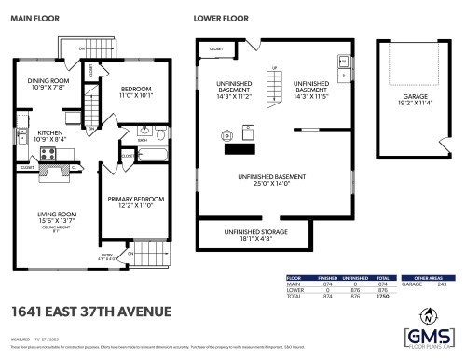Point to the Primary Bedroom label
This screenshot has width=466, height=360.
(135, 201)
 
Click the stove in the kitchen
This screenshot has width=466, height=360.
(21, 134)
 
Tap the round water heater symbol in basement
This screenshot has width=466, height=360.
(226, 135)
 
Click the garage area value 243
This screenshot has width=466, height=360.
(441, 284)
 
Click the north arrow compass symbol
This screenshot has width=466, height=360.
(429, 314)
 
